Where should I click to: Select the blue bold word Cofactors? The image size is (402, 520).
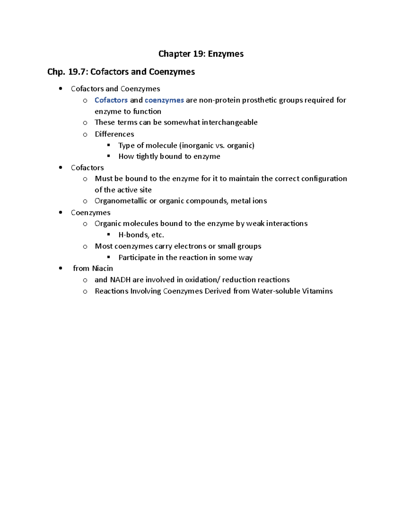pyautogui.click(x=111, y=100)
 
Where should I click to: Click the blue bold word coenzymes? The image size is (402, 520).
pyautogui.click(x=164, y=100)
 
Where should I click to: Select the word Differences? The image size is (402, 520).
pyautogui.click(x=114, y=134)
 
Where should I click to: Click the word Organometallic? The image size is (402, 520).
pyautogui.click(x=121, y=201)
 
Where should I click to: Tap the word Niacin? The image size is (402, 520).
pyautogui.click(x=103, y=269)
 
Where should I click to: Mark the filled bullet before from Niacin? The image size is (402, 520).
pyautogui.click(x=60, y=268)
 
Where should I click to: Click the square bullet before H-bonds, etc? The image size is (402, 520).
pyautogui.click(x=109, y=234)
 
